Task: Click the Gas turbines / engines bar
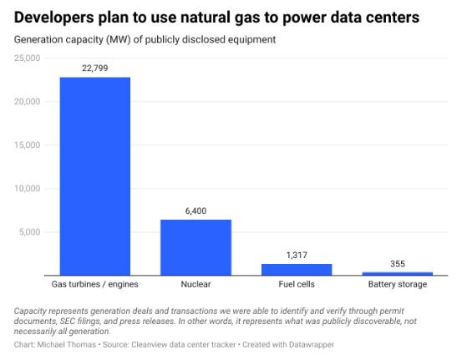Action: point(94,176)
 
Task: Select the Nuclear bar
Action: point(195,247)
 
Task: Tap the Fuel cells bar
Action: point(297,269)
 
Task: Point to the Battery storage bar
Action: point(397,273)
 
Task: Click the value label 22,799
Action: point(94,68)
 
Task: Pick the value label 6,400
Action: point(195,211)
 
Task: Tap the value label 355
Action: point(397,264)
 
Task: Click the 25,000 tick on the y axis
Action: point(27,58)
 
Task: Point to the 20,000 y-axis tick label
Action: point(27,102)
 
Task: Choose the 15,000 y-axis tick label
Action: point(27,145)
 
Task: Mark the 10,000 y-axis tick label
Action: point(27,189)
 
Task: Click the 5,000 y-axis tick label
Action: point(29,232)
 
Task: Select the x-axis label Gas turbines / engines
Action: point(94,285)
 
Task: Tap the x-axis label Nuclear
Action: point(195,285)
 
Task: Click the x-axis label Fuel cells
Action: point(297,285)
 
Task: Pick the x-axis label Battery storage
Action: point(397,285)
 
